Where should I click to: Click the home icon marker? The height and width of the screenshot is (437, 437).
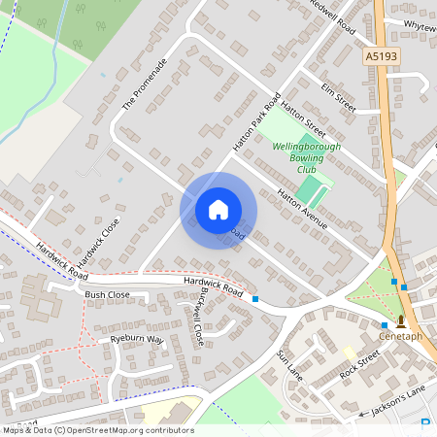(x=218, y=210)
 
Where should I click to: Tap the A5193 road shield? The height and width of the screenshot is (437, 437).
(x=383, y=57)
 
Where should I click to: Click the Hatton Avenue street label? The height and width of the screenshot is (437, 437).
(x=302, y=209)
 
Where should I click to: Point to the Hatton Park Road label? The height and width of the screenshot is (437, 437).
(x=256, y=121)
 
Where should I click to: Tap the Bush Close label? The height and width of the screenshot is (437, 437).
(x=107, y=293)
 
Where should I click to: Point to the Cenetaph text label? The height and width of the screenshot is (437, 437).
(x=400, y=336)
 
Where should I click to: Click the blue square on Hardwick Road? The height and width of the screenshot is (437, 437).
(x=255, y=299)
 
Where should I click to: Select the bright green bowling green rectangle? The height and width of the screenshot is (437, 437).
(x=314, y=189)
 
